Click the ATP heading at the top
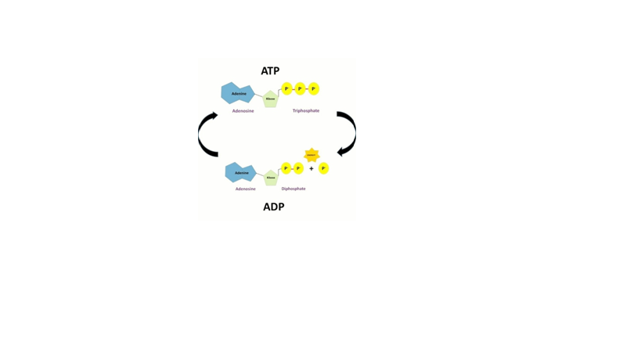pyautogui.click(x=270, y=71)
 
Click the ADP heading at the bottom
pyautogui.click(x=273, y=207)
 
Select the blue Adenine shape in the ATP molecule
pyautogui.click(x=237, y=93)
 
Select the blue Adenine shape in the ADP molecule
pyautogui.click(x=240, y=172)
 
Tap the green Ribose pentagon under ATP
pyautogui.click(x=270, y=99)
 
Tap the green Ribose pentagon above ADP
pyautogui.click(x=271, y=178)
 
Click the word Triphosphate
pyautogui.click(x=305, y=111)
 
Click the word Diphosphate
pyautogui.click(x=293, y=189)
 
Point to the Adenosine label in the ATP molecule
pyautogui.click(x=243, y=111)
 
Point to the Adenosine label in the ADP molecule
pyautogui.click(x=245, y=189)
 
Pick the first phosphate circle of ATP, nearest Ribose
pyautogui.click(x=286, y=88)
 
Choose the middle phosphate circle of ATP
pyautogui.click(x=300, y=88)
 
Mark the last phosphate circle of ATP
pyautogui.click(x=314, y=88)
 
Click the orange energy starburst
pyautogui.click(x=311, y=155)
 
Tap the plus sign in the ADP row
pyautogui.click(x=311, y=168)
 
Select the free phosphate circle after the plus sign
pyautogui.click(x=323, y=168)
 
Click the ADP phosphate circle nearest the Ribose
pyautogui.click(x=286, y=168)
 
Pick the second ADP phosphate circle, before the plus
pyautogui.click(x=298, y=168)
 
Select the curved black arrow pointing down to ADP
pyautogui.click(x=348, y=133)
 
